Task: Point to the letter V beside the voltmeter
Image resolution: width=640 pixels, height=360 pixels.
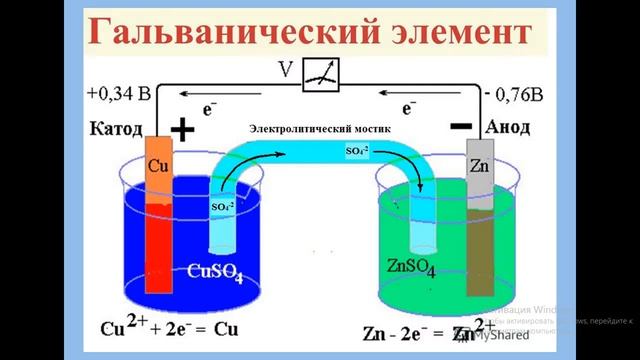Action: (289, 69)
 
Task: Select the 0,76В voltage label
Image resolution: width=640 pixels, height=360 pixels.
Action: (515, 96)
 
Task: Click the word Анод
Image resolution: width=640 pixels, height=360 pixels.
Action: (515, 129)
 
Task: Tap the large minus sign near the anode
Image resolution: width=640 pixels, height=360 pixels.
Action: (462, 127)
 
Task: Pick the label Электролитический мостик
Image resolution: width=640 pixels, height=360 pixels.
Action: (320, 130)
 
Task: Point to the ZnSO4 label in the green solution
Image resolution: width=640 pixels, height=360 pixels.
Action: (412, 266)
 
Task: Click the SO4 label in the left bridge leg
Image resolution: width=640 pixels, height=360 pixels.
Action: (221, 207)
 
